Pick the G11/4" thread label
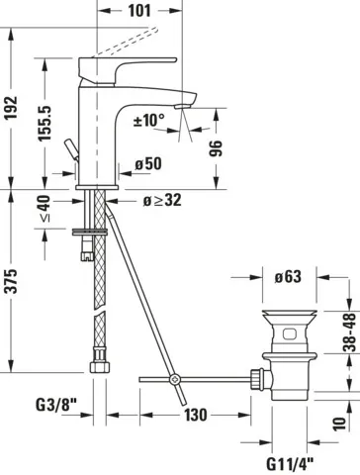290,459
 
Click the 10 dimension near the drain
341,423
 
